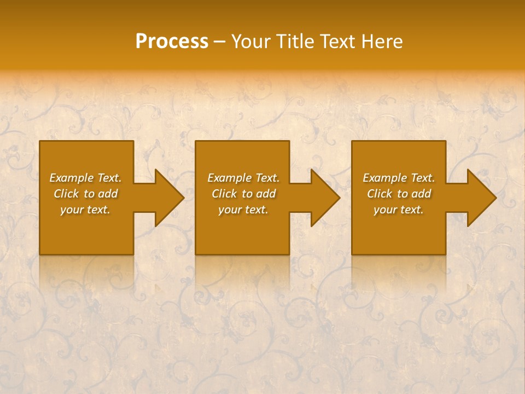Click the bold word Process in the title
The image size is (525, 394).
coord(172,42)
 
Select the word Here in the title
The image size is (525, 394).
coord(382,42)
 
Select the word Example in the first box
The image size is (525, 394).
coord(71,178)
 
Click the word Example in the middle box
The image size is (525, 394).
coord(229,178)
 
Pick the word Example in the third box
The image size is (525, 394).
coord(384,178)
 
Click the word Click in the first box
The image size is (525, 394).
coord(66,194)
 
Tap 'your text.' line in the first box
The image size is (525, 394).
coord(85,210)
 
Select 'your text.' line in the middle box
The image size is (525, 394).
coord(243,210)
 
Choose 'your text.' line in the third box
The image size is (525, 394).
coord(399,210)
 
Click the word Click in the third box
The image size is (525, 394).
coord(380,194)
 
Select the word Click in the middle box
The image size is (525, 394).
coord(224,194)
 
